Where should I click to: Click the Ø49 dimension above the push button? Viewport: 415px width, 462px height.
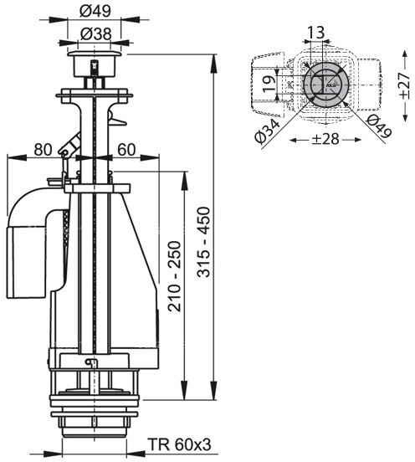95,11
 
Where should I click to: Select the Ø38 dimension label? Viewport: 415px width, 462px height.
95,34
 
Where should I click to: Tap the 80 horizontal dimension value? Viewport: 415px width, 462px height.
43,150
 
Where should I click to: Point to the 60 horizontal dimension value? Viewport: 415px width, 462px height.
126,150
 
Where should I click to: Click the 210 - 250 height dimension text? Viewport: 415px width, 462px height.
174,276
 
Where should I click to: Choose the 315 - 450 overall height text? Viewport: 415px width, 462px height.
204,242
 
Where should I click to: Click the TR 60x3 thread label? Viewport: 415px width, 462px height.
179,444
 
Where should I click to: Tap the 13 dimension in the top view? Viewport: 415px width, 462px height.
315,32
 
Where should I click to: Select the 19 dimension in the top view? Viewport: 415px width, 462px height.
269,84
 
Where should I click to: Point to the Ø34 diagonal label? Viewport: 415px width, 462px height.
268,131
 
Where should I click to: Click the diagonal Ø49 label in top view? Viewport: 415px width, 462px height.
379,126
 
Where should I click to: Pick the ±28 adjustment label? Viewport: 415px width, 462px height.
325,139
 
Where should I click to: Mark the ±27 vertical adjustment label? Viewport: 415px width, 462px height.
405,85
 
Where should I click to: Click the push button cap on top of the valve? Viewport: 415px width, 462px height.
94,54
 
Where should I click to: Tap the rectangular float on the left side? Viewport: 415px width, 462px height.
27,262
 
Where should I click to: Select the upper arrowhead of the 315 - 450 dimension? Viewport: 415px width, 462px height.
213,64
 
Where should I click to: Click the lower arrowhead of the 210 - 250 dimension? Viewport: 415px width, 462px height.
184,391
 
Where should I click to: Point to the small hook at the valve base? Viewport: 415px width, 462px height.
90,363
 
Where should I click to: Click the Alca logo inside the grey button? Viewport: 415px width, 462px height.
330,85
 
